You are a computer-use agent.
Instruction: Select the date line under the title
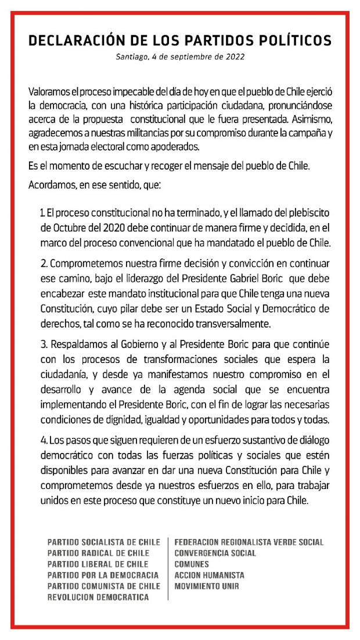(x=180, y=57)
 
